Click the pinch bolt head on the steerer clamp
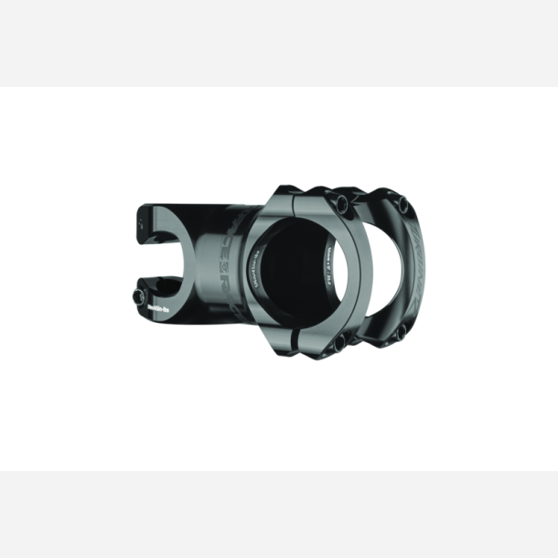click(x=142, y=298)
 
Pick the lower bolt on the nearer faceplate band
click(x=340, y=343)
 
